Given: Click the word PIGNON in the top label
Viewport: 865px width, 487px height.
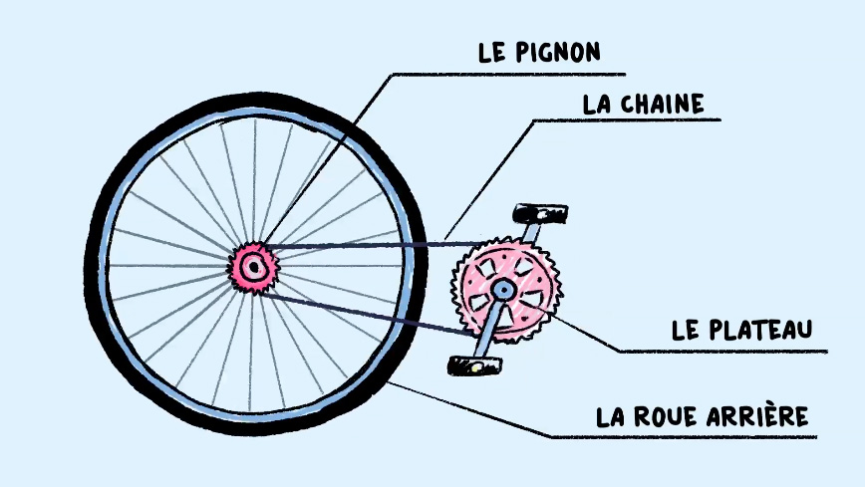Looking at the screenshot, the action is pos(558,52).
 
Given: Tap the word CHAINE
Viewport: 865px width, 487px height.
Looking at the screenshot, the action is pos(662,105).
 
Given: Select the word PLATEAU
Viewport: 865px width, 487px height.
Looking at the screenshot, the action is pos(760,330).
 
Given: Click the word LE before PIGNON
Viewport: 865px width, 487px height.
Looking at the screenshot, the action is pos(492,52).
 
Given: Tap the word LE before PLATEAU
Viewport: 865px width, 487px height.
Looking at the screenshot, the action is pos(685,330).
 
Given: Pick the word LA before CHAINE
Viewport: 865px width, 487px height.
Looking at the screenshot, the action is pos(596,105).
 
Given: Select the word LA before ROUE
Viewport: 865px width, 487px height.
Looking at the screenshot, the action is pos(610,417).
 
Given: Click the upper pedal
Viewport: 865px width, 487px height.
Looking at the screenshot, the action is pos(540,213).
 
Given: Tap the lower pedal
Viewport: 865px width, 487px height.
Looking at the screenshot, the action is pos(475,365).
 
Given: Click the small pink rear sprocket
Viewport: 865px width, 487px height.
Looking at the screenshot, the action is pos(254,268).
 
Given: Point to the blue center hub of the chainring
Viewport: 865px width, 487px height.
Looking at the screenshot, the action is pos(502,289).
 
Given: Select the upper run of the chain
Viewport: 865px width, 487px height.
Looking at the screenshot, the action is pos(375,244).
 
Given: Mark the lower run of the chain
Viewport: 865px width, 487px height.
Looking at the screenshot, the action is pos(367,315).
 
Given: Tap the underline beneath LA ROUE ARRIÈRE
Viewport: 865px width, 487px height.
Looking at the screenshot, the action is pos(684,438).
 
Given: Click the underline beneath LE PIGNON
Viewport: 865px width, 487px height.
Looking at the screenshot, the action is pos(508,74).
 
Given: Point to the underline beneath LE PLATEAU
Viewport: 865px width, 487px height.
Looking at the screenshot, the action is pos(722,351).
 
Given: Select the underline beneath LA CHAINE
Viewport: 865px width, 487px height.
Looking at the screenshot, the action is pos(627,120).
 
